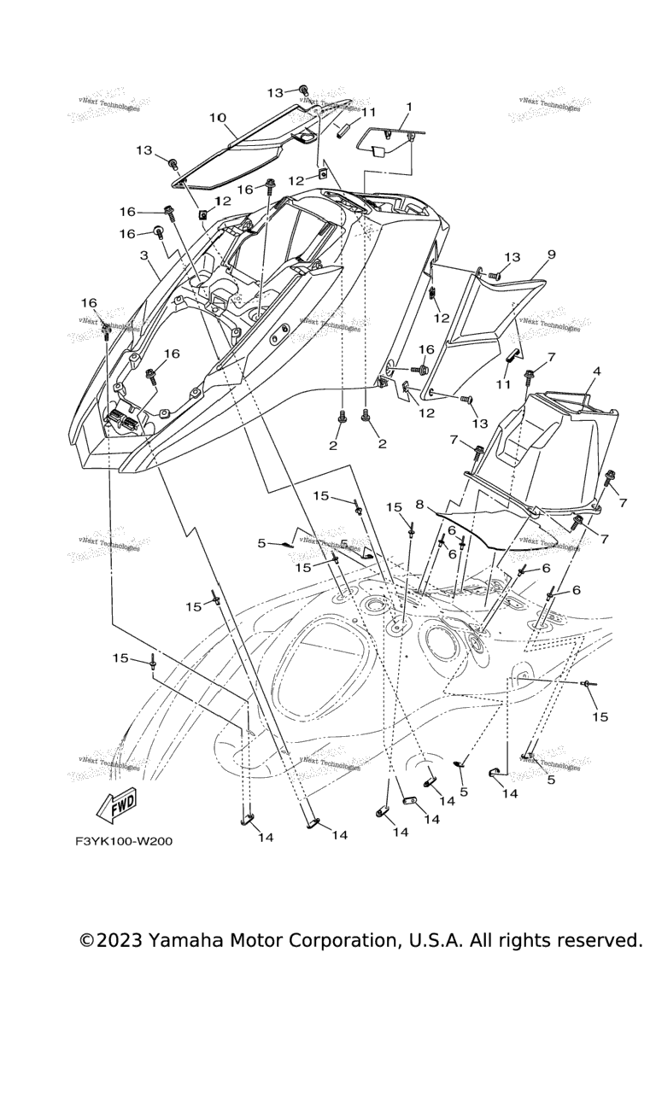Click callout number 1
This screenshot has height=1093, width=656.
[408, 108]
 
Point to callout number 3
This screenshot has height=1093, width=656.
[144, 254]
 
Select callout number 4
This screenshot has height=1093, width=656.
[596, 371]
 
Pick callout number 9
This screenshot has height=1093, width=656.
[552, 254]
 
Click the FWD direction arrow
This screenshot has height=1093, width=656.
[117, 804]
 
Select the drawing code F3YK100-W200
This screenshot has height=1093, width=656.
[123, 841]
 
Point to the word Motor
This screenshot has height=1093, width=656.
[263, 941]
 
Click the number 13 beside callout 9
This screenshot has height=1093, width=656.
[512, 257]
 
